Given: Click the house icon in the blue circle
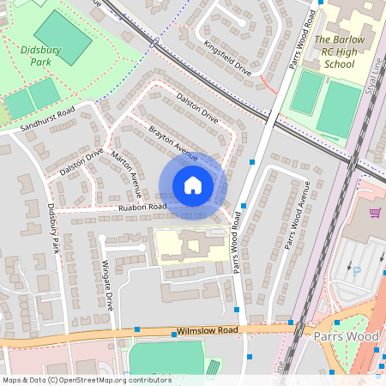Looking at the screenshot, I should (193, 184).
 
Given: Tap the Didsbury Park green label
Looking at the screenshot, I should (37, 56).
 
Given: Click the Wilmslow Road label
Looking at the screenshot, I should (207, 329).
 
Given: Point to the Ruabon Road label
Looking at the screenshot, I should (142, 207).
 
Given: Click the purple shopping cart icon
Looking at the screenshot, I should (374, 213).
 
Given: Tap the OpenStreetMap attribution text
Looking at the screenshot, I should (86, 380).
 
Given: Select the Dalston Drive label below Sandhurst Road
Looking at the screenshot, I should (81, 162).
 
